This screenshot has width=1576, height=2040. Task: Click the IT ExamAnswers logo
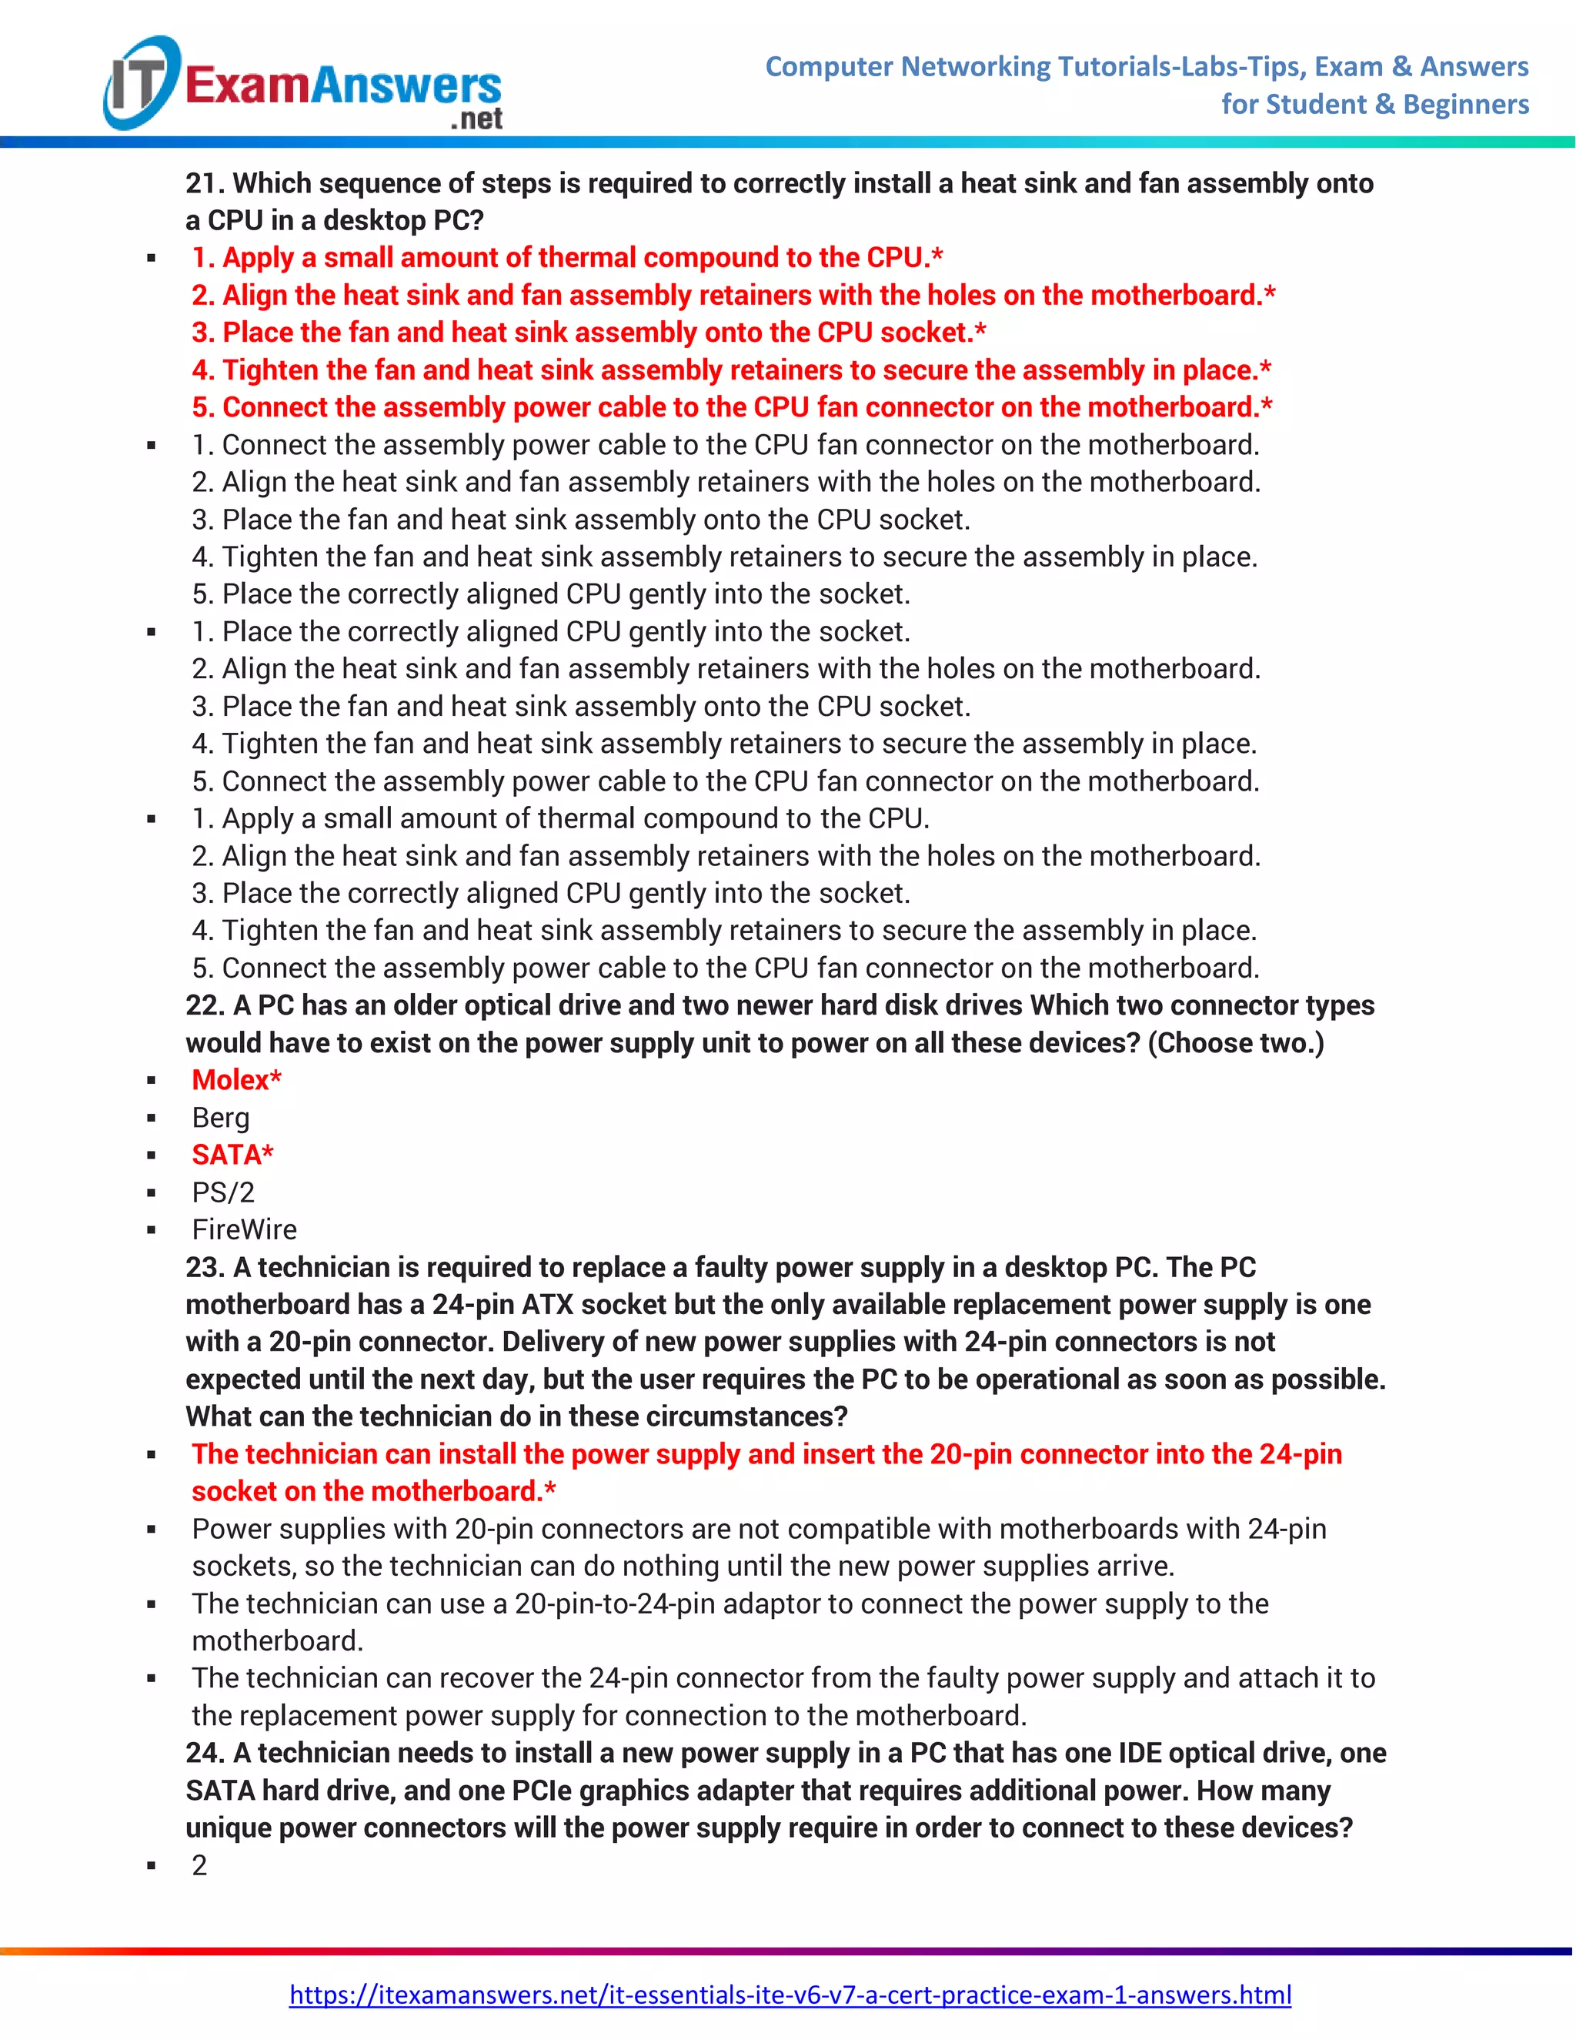pos(302,85)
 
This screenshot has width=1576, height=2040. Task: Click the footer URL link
pos(790,1995)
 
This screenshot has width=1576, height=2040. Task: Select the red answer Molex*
pos(236,1080)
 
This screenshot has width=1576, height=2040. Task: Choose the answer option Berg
pos(220,1117)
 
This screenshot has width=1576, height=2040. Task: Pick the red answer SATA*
pos(232,1155)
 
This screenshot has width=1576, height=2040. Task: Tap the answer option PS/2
pos(223,1192)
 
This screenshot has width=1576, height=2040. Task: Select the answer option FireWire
pos(244,1229)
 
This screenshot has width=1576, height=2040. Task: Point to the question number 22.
pos(205,1005)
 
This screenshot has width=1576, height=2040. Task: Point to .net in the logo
pos(476,119)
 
